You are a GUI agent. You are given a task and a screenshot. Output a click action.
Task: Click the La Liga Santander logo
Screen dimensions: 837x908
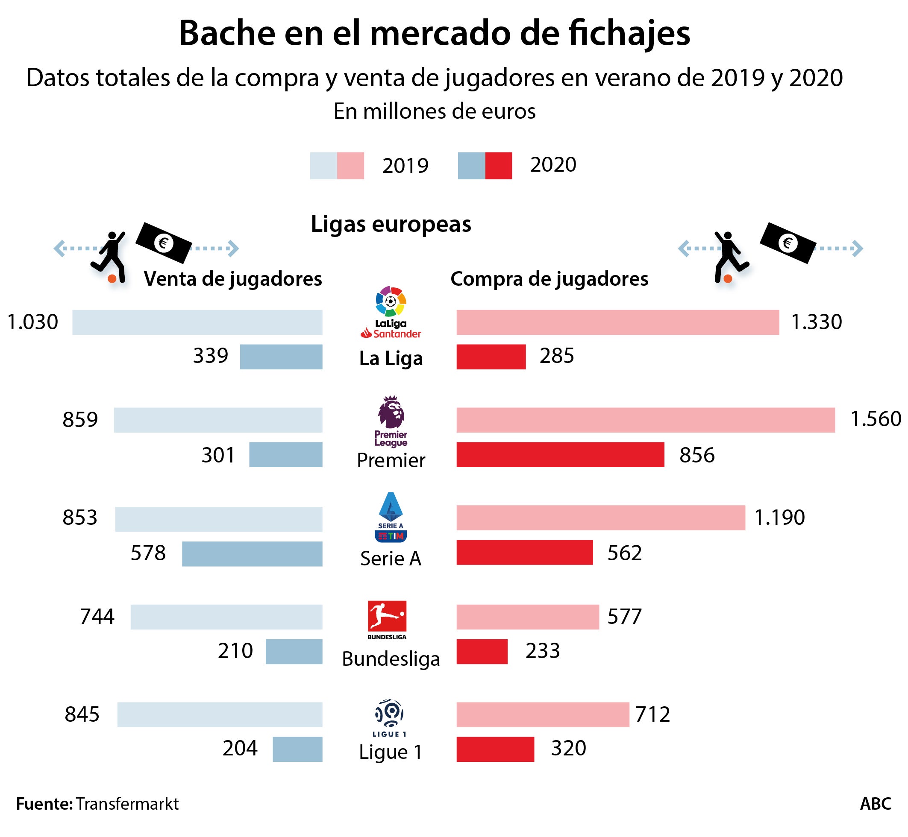(x=391, y=312)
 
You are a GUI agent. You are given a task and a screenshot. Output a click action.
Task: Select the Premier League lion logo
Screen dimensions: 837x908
(x=391, y=421)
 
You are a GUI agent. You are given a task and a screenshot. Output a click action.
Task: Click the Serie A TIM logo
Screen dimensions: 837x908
(x=391, y=517)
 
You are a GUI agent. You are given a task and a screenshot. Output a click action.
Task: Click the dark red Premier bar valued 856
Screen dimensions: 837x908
(x=560, y=454)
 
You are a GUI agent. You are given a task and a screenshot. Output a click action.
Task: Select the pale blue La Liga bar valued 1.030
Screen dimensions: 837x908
(x=197, y=322)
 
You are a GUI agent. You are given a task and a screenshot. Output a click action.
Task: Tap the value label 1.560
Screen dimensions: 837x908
(x=876, y=419)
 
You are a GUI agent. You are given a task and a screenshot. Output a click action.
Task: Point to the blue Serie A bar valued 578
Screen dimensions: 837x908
(x=252, y=553)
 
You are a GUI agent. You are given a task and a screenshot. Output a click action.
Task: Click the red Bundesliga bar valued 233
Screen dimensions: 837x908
(x=482, y=651)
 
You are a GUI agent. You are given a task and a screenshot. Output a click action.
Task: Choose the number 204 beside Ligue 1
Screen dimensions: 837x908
(x=240, y=748)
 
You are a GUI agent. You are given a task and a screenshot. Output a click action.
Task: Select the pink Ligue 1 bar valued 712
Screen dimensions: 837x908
(x=542, y=714)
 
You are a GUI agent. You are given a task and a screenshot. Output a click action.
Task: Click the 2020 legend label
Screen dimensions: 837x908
(x=553, y=165)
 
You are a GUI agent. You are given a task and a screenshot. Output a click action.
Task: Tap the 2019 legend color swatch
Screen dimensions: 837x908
(x=337, y=166)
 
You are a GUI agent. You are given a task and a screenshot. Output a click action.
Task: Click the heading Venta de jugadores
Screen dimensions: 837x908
(x=232, y=279)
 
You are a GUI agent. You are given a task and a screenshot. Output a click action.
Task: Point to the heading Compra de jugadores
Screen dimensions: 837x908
(x=549, y=279)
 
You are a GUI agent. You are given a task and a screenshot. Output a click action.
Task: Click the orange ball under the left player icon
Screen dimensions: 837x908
(x=112, y=279)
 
